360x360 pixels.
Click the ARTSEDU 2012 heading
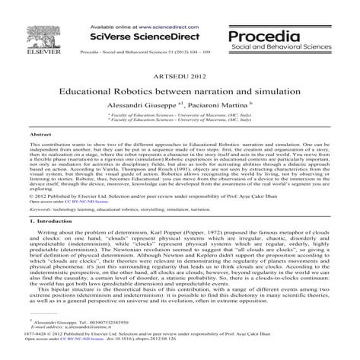pos(180,78)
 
